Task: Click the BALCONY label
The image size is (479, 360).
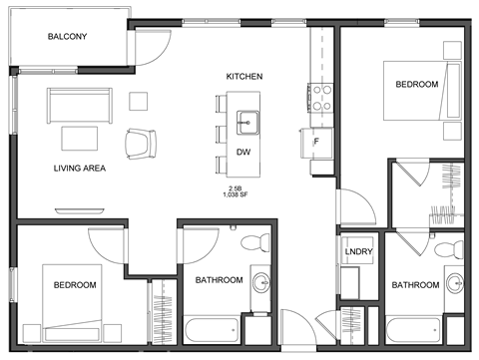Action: pos(68,37)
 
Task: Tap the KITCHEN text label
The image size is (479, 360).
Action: pos(244,77)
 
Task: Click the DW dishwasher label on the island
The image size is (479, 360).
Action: pos(243,152)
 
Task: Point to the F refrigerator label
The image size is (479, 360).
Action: pos(316,142)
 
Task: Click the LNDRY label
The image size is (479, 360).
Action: pos(357,251)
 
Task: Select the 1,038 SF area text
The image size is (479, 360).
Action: pos(237,195)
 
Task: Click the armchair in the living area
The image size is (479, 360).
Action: pos(141,144)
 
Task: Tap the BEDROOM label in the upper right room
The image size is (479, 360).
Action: pos(416,85)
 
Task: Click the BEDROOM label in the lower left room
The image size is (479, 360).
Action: pos(75,285)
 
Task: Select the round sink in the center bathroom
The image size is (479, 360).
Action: pos(261,280)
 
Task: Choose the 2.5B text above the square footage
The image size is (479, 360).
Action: pos(237,187)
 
